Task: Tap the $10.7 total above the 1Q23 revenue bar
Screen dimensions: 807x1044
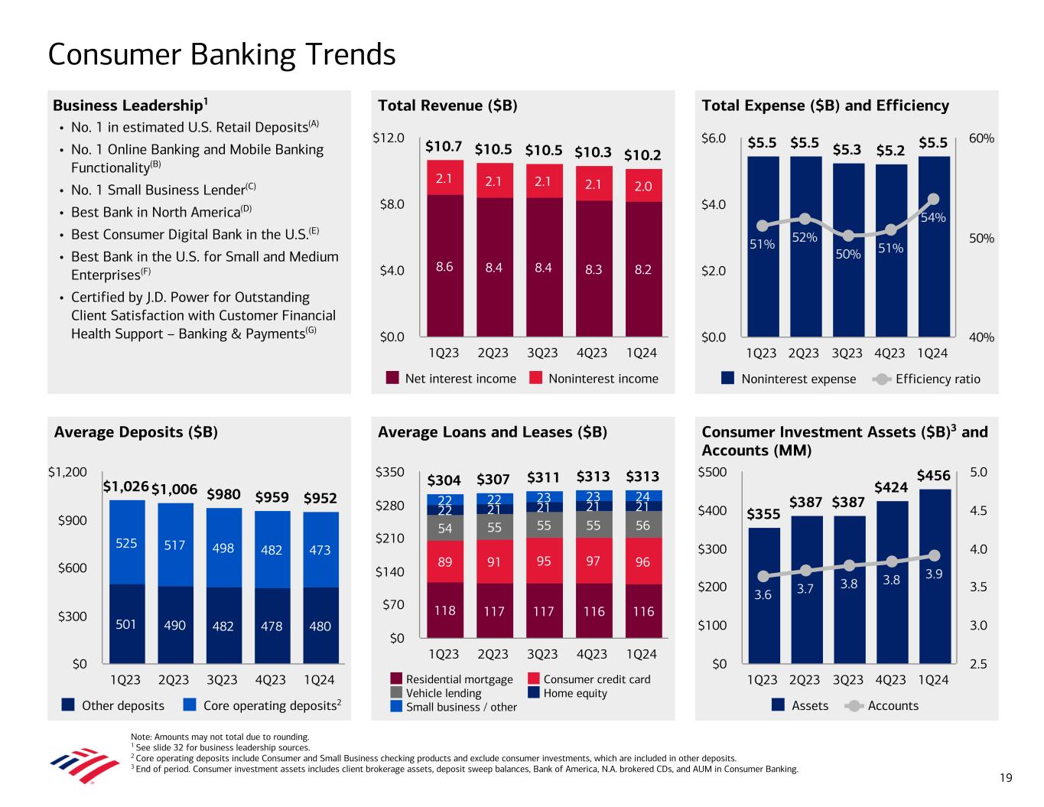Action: click(x=444, y=146)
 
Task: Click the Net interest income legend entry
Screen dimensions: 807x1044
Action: click(x=451, y=379)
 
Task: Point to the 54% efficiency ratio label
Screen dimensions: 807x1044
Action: click(x=933, y=217)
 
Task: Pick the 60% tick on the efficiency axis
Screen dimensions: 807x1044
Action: click(x=981, y=138)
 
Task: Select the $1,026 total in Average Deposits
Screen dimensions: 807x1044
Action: click(x=125, y=486)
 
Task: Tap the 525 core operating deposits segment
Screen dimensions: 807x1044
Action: click(x=125, y=542)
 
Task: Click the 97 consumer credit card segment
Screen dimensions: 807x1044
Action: click(x=594, y=561)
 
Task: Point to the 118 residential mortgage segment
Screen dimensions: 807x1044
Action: click(x=444, y=610)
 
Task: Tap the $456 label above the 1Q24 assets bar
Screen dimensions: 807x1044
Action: click(x=933, y=476)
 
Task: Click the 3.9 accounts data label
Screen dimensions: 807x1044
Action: click(x=933, y=574)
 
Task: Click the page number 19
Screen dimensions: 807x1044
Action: click(x=1006, y=778)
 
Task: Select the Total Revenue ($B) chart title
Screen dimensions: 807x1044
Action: click(x=447, y=106)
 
